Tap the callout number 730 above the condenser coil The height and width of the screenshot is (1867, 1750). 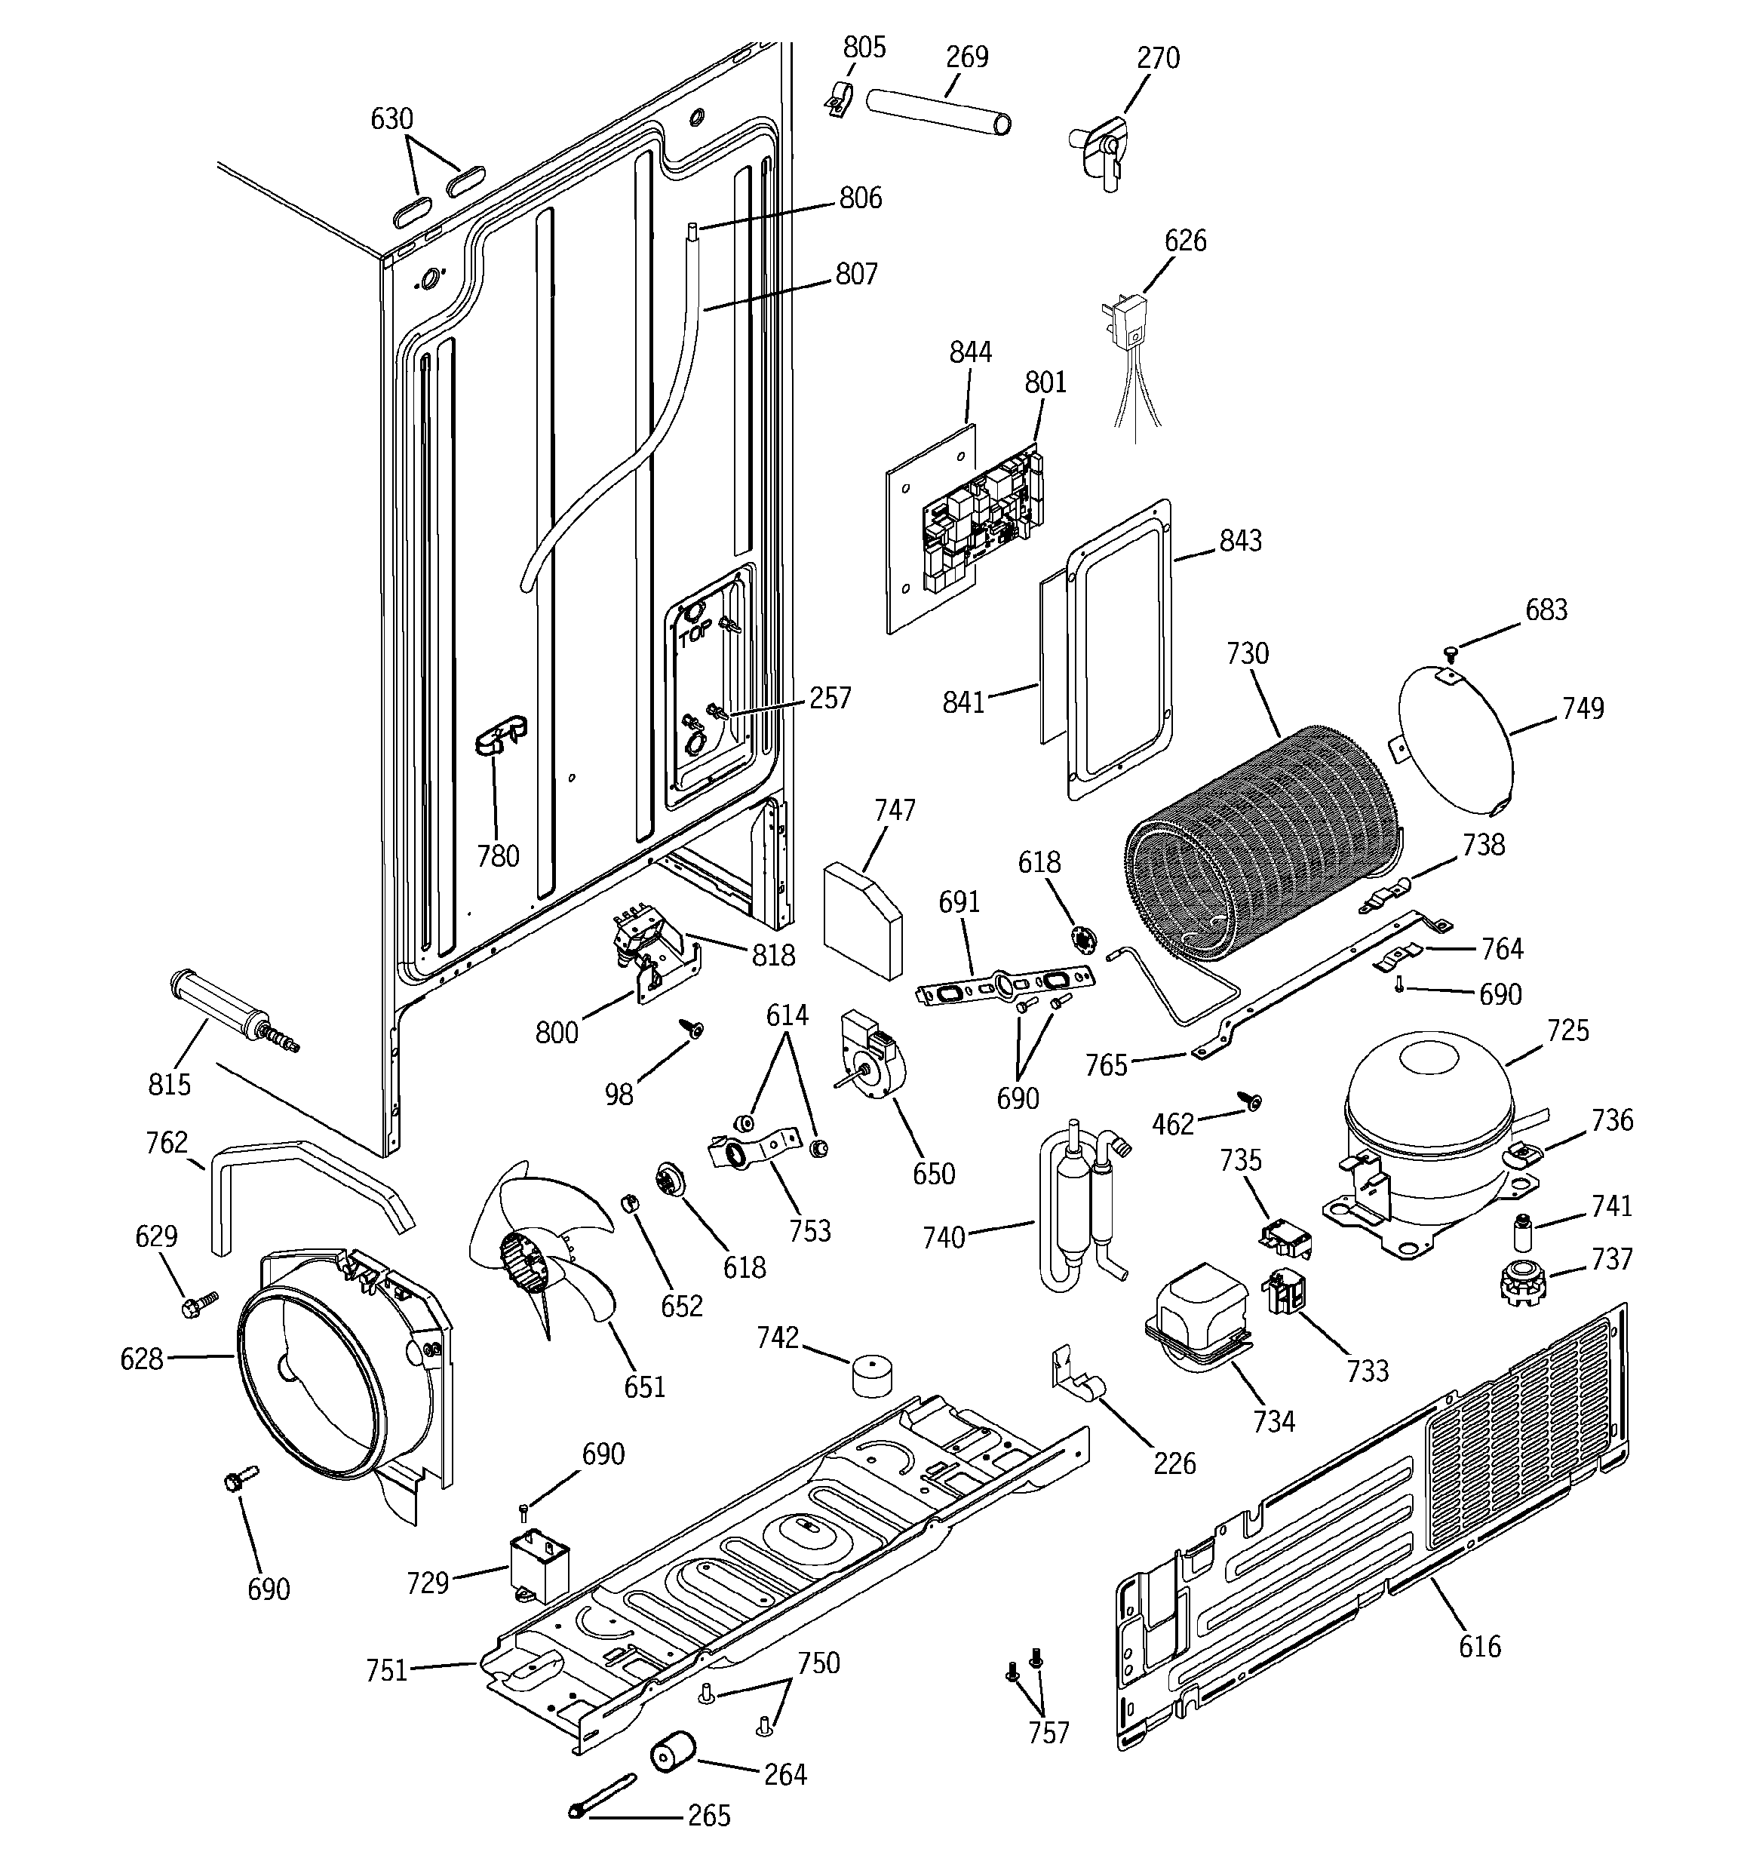1248,653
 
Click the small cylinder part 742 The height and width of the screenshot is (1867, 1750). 872,1376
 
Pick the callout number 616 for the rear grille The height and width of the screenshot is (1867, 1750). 1479,1645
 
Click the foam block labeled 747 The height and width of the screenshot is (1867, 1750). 861,920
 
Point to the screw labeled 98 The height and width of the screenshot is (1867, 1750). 697,1030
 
